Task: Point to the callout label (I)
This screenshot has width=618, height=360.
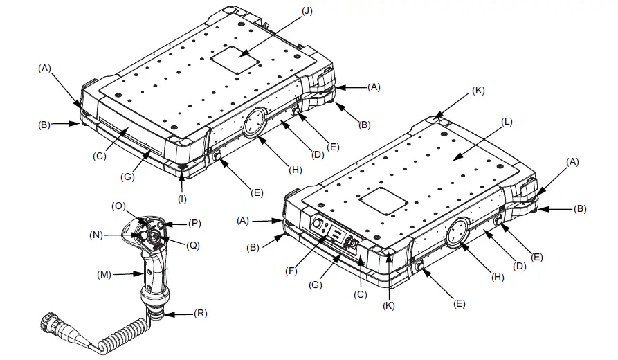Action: coord(181,199)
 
